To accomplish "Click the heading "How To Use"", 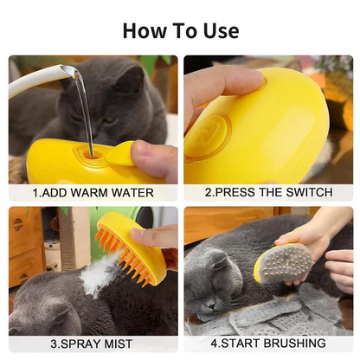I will (x=180, y=30).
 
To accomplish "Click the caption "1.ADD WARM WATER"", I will (x=93, y=193).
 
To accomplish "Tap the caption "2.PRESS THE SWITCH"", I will (x=268, y=193).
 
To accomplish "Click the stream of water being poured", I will (x=85, y=112).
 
